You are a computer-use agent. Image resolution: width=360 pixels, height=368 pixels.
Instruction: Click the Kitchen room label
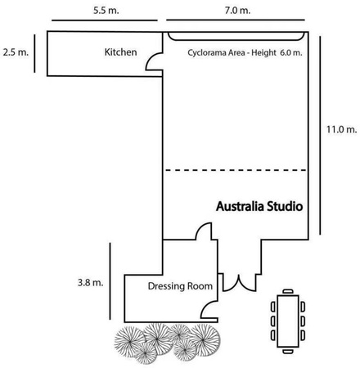coord(120,52)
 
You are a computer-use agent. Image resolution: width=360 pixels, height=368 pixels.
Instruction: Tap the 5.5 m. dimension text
coord(106,11)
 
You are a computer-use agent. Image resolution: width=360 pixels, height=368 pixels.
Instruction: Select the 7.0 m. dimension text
coord(237,11)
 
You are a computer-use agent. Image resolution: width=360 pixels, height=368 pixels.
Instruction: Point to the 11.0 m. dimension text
coord(342,129)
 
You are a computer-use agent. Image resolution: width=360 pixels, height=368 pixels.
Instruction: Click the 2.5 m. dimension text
coord(16,52)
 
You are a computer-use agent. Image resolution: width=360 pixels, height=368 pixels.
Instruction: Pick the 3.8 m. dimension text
coord(91,282)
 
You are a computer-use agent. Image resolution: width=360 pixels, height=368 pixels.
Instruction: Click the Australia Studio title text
coord(259,206)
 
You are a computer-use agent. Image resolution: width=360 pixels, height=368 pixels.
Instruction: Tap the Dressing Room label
coord(180,286)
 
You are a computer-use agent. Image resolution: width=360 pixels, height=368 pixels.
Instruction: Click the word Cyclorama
coord(207,52)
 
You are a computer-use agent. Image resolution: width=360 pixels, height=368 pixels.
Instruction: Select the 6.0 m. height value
coord(291,52)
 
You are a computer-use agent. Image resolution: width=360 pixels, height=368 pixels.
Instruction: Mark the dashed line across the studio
coord(236,170)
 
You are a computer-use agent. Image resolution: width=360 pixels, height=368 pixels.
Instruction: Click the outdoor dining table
coord(288,321)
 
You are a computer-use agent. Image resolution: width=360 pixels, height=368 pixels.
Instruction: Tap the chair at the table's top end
coord(288,291)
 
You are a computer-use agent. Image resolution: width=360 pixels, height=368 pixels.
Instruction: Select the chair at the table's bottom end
coord(288,352)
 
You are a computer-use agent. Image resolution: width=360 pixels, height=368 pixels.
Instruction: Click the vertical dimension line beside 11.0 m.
coord(320,135)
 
